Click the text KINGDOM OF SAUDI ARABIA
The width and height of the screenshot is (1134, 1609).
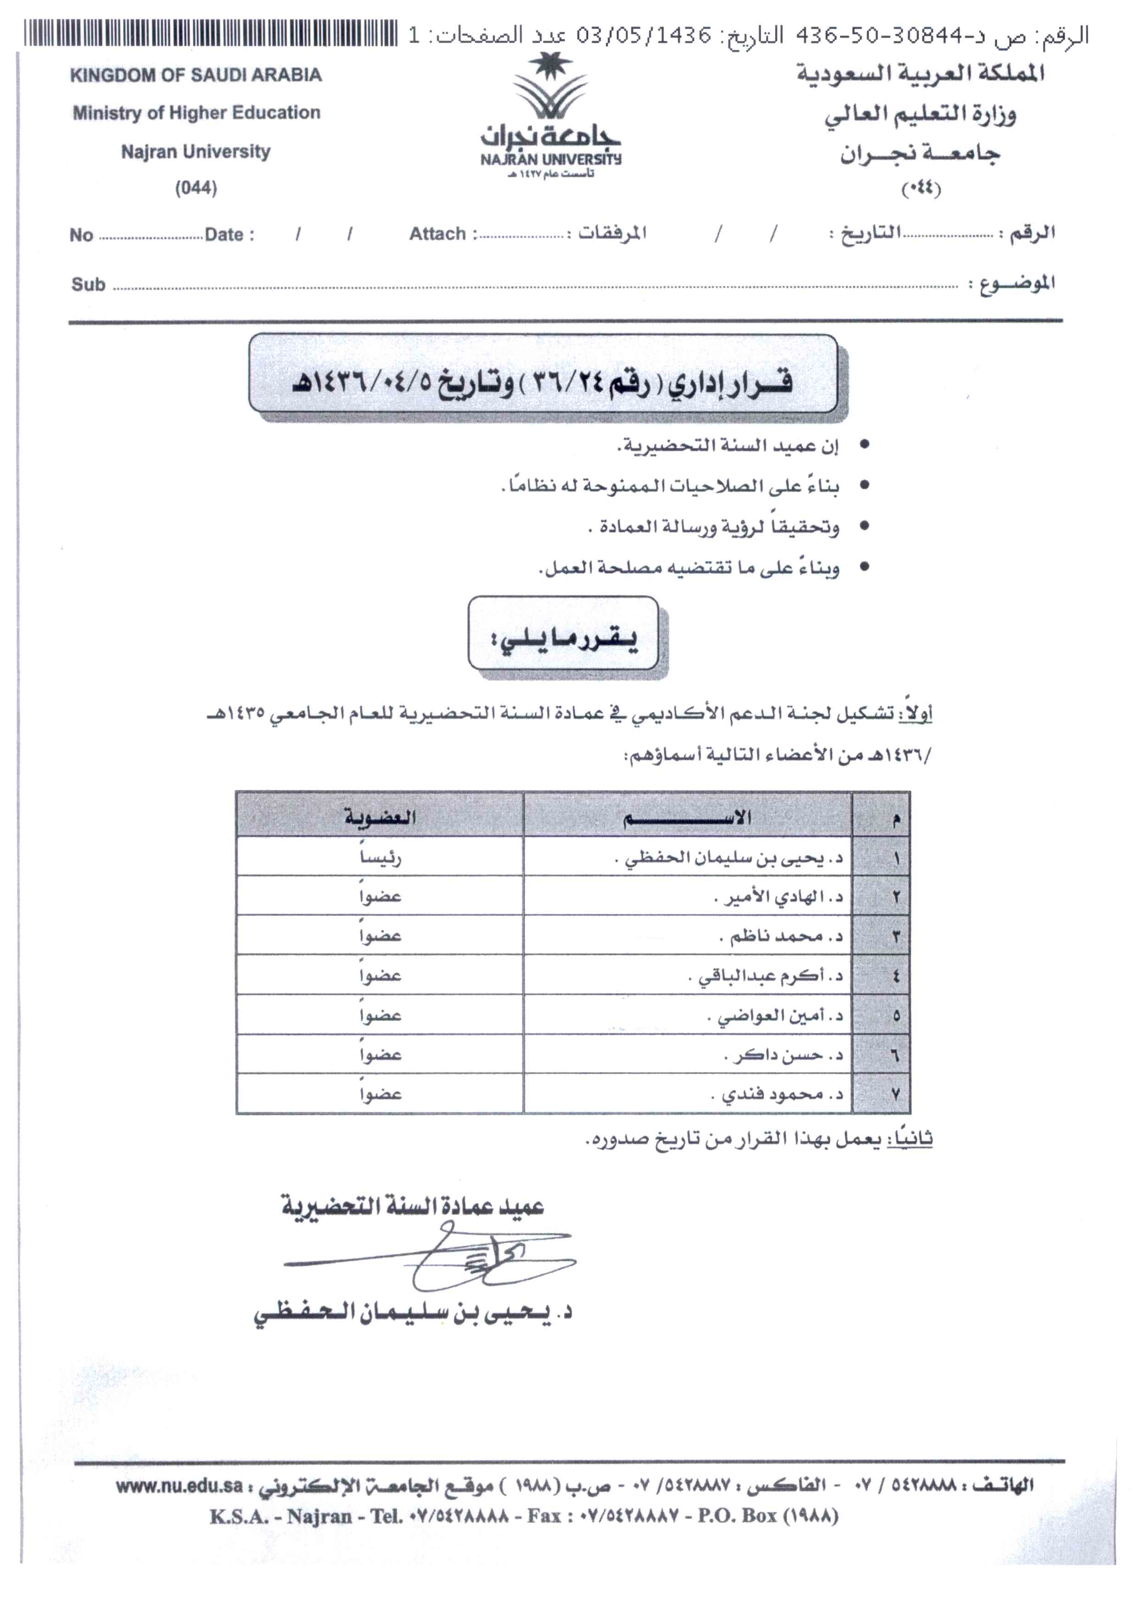[196, 75]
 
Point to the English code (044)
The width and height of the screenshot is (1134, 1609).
[196, 188]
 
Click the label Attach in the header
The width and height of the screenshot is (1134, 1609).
[438, 234]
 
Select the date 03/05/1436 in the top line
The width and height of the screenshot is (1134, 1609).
[644, 35]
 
